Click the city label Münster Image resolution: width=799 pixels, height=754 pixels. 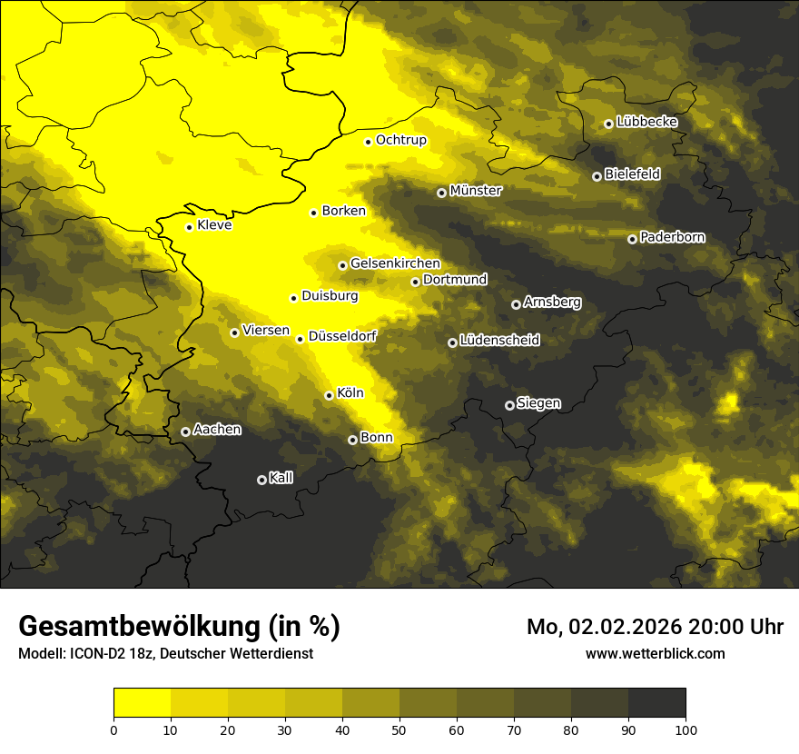(x=476, y=191)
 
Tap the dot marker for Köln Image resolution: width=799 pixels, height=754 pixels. (x=329, y=395)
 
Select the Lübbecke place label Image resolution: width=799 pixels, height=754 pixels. (x=646, y=122)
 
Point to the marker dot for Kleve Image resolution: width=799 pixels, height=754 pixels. (x=189, y=227)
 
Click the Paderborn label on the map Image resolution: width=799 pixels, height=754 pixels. (x=672, y=238)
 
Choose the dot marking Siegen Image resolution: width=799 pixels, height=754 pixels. (x=509, y=405)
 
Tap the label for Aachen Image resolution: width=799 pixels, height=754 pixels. (x=217, y=430)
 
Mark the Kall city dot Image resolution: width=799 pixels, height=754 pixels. (x=261, y=480)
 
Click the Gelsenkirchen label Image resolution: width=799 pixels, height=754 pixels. (x=395, y=263)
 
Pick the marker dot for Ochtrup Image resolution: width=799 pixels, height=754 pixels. (x=368, y=142)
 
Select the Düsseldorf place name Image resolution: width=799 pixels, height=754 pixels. (x=342, y=336)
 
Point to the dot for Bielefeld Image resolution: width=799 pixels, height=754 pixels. (x=597, y=176)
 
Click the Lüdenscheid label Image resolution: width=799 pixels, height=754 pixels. (x=499, y=341)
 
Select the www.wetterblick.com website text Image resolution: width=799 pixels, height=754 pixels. (x=655, y=653)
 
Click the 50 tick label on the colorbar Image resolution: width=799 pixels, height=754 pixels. (x=399, y=729)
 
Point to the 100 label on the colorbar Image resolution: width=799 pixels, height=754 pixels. (x=685, y=729)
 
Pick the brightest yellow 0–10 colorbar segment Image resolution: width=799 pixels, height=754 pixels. (x=142, y=702)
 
